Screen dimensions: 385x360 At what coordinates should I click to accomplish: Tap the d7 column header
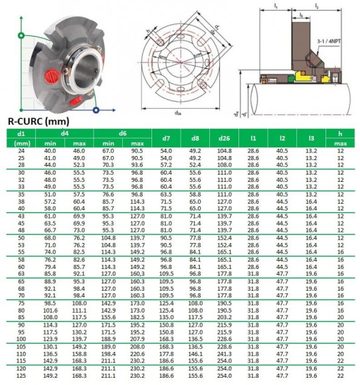166,139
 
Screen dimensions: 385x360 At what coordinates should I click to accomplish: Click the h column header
340,134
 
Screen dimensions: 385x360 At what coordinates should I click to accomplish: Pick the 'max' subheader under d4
78,143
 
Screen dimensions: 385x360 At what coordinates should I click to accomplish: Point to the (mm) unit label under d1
20,143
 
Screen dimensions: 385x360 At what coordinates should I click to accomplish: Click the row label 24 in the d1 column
20,152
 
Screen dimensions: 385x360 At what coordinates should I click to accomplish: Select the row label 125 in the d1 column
20,375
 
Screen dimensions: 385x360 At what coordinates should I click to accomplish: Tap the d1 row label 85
20,317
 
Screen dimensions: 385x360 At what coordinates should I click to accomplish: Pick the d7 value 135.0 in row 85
166,317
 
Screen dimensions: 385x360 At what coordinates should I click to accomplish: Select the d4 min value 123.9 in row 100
50,338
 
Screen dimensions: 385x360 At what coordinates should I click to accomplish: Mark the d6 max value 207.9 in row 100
137,338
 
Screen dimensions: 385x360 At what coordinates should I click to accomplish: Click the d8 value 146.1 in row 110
195,354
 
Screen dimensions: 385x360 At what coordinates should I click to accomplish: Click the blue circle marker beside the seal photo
98,110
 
